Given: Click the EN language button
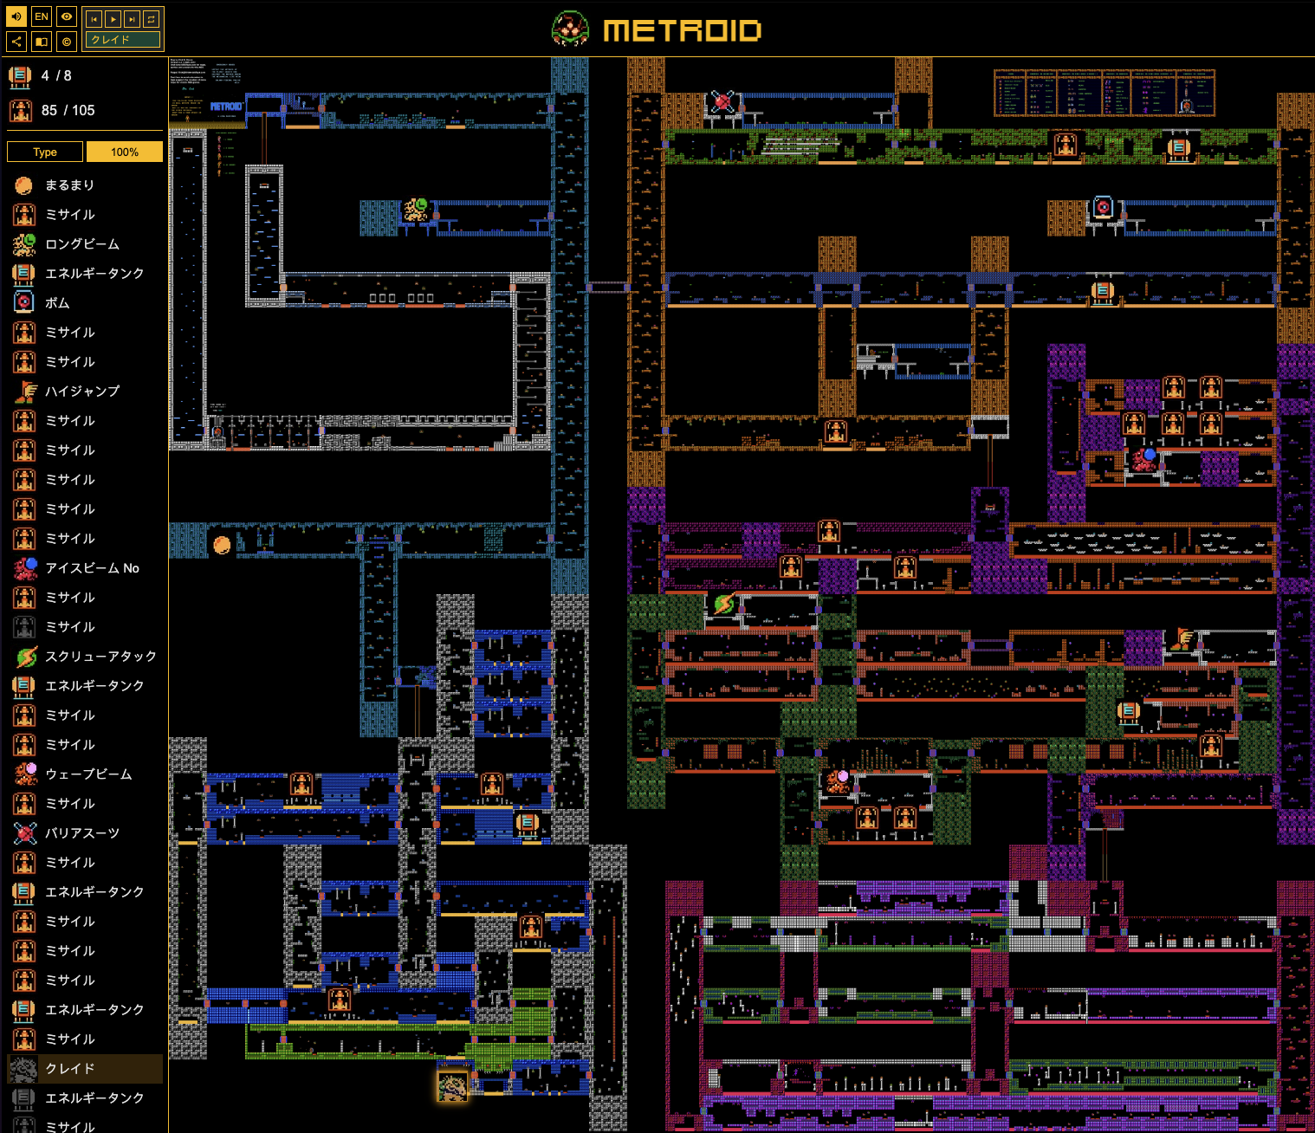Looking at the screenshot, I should coord(42,16).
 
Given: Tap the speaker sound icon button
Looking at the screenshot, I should coord(16,16).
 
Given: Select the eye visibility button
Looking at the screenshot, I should coord(67,16).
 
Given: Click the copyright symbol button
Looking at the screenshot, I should coord(67,41).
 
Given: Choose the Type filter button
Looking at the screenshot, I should coord(45,152).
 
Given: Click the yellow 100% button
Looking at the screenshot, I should coord(125,152).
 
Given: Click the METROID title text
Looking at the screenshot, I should coord(682,31).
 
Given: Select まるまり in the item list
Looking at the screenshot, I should coord(69,185).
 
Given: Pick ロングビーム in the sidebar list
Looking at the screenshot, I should coord(82,244).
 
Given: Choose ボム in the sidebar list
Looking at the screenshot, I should coord(57,303).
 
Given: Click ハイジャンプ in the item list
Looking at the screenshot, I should coord(82,392).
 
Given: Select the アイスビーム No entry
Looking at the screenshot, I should coord(92,568).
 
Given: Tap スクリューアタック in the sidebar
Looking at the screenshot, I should coord(100,657).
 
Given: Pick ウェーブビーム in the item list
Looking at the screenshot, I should coord(88,774).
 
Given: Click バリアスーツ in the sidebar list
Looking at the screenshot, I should coord(82,833).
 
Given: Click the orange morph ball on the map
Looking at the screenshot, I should coord(222,545).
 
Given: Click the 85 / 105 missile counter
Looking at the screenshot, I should coord(68,111).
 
